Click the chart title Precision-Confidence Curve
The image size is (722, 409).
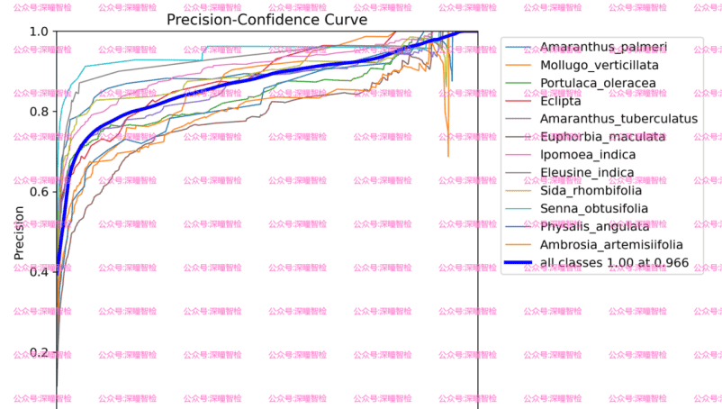coord(266,20)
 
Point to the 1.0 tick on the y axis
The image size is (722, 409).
coord(39,32)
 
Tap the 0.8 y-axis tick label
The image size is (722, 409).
coord(39,112)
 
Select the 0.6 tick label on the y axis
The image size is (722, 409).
coord(39,192)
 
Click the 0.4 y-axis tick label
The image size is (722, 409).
coord(39,272)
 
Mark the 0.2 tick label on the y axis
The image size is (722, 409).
coord(39,352)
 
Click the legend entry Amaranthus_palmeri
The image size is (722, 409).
coord(603,47)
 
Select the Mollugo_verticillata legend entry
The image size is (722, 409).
coord(599,65)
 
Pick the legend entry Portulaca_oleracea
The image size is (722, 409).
coord(598,83)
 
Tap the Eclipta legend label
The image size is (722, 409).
coord(561,101)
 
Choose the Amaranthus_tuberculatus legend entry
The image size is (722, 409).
coord(618,119)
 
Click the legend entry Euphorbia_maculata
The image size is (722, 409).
coord(602,137)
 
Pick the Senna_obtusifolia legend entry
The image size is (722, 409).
coord(593,209)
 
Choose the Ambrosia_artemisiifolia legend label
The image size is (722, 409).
coord(611,245)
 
